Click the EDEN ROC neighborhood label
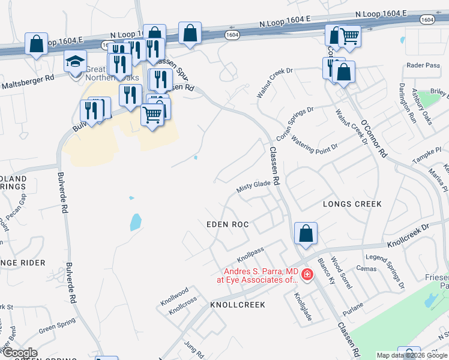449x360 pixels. tap(227, 224)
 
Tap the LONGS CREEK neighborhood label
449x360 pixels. tap(352, 204)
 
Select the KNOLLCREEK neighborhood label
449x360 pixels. tap(237, 305)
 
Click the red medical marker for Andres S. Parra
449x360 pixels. tap(307, 275)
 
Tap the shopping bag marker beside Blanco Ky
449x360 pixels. tap(306, 233)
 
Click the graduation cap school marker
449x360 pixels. tap(76, 61)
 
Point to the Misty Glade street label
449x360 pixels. tap(253, 187)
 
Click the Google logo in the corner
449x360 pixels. tap(19, 353)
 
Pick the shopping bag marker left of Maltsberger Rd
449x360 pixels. tap(37, 44)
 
